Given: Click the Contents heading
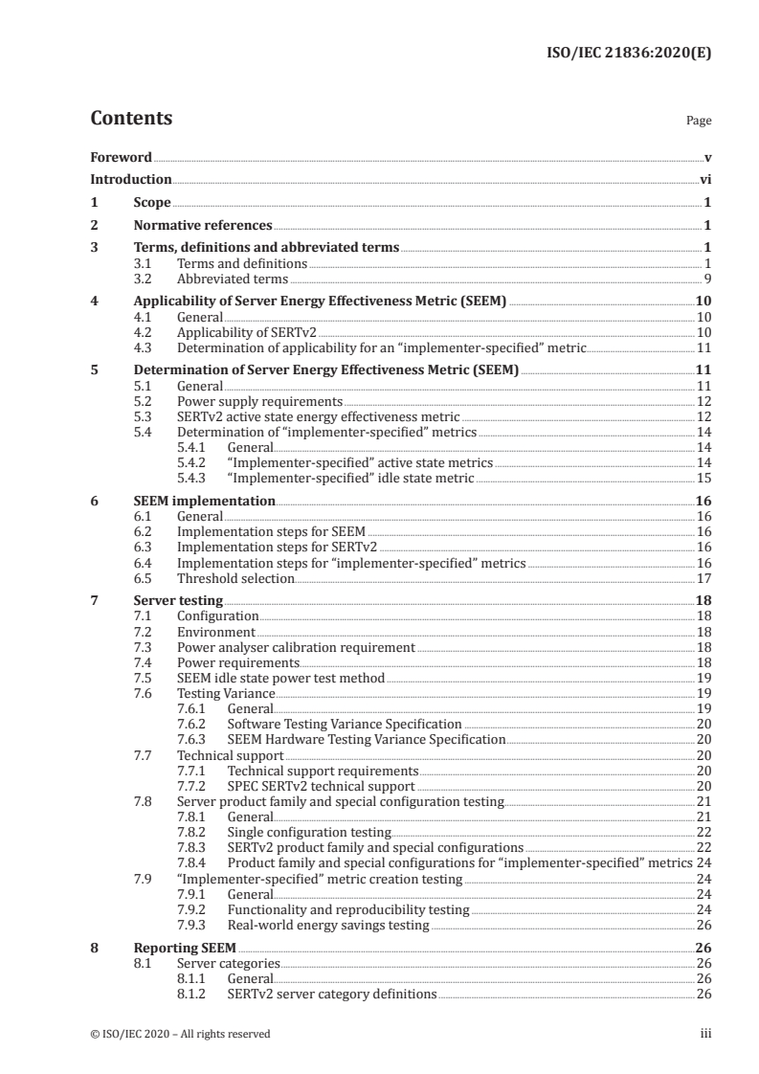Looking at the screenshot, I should click(x=131, y=119).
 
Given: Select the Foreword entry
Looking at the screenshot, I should click(x=121, y=157).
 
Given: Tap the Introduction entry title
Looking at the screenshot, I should click(x=131, y=179).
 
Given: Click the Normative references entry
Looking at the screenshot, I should click(x=202, y=226).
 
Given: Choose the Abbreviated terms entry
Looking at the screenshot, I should click(x=233, y=280).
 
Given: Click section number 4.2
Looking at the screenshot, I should click(x=143, y=332).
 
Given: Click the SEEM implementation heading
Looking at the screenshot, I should click(x=204, y=501).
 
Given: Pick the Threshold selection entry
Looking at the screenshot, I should click(x=235, y=578).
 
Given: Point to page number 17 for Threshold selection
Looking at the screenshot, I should click(x=703, y=578).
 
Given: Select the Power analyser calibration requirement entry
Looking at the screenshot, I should click(x=296, y=647).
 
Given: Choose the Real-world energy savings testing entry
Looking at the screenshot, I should click(x=328, y=926).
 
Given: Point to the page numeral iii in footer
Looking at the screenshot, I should click(x=705, y=1034).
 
